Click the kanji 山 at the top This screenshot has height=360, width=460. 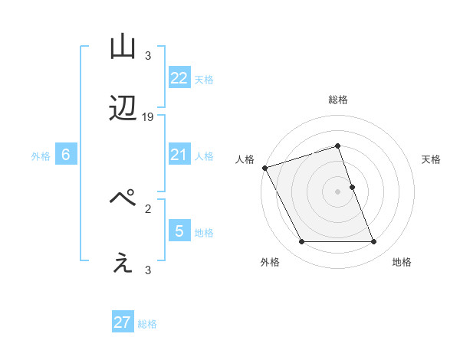[x=123, y=47]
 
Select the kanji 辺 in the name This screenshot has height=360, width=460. [x=123, y=110]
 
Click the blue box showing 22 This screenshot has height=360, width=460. [x=179, y=78]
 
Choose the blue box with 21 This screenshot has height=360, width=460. [x=179, y=155]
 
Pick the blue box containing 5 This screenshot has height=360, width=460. [x=179, y=231]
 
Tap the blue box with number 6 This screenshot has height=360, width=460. [x=66, y=155]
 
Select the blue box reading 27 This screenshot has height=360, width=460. [x=123, y=322]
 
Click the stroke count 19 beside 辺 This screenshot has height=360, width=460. [x=149, y=117]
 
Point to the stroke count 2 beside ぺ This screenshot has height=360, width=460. [x=148, y=208]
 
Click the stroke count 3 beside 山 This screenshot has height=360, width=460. [x=148, y=56]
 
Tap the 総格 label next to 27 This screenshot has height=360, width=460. [x=147, y=324]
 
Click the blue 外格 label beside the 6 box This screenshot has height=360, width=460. [x=41, y=156]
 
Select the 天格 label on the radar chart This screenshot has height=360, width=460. [x=431, y=159]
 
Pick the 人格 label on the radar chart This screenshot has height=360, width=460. [x=245, y=159]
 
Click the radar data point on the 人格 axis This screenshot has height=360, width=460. [x=264, y=168]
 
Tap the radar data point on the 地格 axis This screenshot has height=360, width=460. [x=373, y=242]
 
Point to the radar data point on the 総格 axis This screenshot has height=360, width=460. [x=337, y=146]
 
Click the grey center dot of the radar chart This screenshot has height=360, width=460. [x=337, y=191]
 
